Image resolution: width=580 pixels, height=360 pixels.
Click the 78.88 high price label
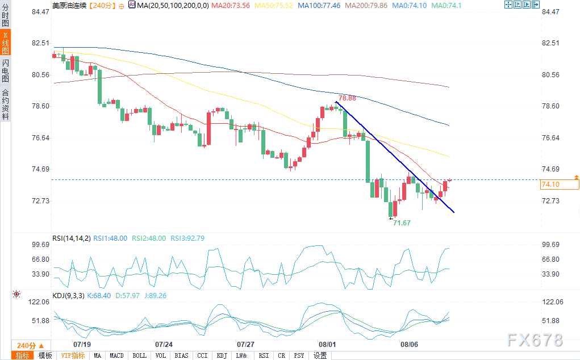pyautogui.click(x=347, y=98)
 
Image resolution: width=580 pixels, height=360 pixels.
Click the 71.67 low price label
pyautogui.click(x=402, y=223)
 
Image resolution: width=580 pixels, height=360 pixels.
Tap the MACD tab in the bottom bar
pyautogui.click(x=116, y=355)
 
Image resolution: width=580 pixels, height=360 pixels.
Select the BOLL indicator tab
pyautogui.click(x=139, y=355)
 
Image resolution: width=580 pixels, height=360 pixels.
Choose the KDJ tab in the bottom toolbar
pyautogui.click(x=222, y=355)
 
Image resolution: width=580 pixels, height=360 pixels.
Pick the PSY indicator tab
pyautogui.click(x=299, y=355)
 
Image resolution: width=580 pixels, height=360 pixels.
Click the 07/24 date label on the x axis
pyautogui.click(x=164, y=345)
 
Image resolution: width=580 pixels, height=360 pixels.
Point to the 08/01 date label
pyautogui.click(x=327, y=345)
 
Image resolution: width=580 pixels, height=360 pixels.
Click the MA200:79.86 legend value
pyautogui.click(x=366, y=6)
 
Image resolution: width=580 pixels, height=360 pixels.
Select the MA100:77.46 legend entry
pyautogui.click(x=319, y=6)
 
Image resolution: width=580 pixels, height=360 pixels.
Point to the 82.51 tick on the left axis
pyautogui.click(x=40, y=43)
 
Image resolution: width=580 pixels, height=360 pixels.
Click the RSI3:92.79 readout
pyautogui.click(x=187, y=238)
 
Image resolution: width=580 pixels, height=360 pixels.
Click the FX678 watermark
pyautogui.click(x=535, y=340)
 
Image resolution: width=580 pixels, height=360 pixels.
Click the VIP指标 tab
pyautogui.click(x=73, y=355)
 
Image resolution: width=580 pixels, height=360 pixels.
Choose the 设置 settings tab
pyautogui.click(x=320, y=355)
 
